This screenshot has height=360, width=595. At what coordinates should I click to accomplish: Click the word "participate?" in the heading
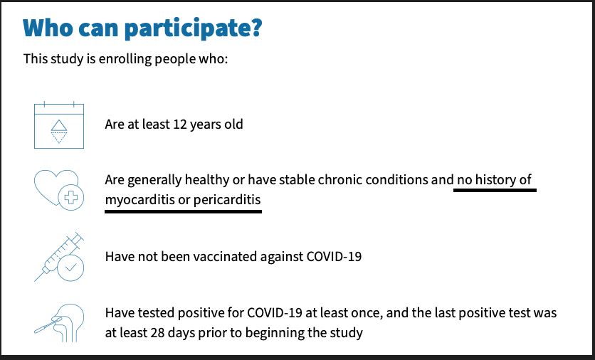click(x=193, y=29)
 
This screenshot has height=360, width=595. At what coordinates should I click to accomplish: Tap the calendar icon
click(x=59, y=125)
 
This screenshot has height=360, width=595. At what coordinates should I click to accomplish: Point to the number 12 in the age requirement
click(x=180, y=125)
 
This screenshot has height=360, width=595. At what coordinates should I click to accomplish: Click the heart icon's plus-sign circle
click(x=71, y=197)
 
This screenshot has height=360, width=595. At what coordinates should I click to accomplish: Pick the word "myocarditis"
click(x=140, y=200)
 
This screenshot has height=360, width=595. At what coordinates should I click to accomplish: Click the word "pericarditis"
click(x=227, y=200)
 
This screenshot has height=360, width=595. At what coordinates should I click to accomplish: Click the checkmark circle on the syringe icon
click(x=70, y=268)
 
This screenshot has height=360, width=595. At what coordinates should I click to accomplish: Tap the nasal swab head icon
click(x=59, y=323)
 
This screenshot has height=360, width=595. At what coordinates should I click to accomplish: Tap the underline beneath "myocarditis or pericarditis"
click(x=184, y=211)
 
